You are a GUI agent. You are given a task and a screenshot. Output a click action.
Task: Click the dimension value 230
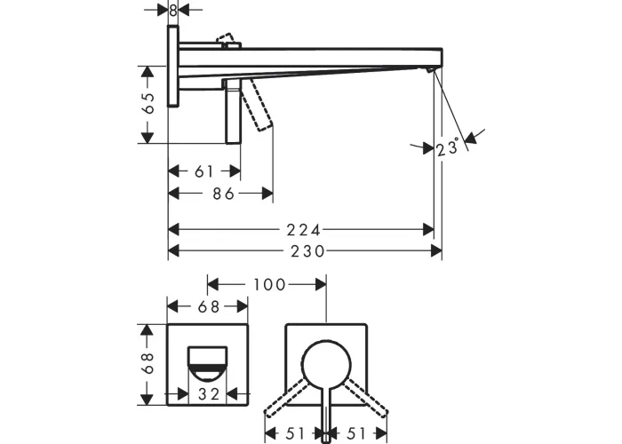point(307,251)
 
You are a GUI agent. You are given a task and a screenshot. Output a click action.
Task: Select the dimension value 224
point(304,229)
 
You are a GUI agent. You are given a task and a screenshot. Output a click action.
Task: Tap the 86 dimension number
point(223,194)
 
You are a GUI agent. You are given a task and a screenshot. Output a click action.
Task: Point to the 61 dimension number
point(204,171)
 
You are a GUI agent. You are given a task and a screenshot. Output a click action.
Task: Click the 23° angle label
point(448,147)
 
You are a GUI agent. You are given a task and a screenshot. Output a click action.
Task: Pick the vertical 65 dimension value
point(148,104)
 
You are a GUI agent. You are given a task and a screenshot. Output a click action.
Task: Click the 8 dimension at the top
point(172,11)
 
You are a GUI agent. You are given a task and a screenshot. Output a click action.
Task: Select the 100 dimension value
point(269,285)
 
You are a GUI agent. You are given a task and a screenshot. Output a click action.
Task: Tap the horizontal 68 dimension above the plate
point(209,306)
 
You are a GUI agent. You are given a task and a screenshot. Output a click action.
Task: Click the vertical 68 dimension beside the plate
point(148,363)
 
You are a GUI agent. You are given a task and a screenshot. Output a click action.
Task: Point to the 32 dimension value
point(209,394)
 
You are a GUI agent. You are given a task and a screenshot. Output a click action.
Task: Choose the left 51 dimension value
point(294,433)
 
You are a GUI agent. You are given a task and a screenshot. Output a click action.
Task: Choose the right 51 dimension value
point(355,433)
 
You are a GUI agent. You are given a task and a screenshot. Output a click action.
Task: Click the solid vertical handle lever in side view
point(233,112)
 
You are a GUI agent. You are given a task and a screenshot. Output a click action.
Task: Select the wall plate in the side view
point(173,66)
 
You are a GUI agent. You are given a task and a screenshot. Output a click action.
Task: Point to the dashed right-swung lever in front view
point(365,397)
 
